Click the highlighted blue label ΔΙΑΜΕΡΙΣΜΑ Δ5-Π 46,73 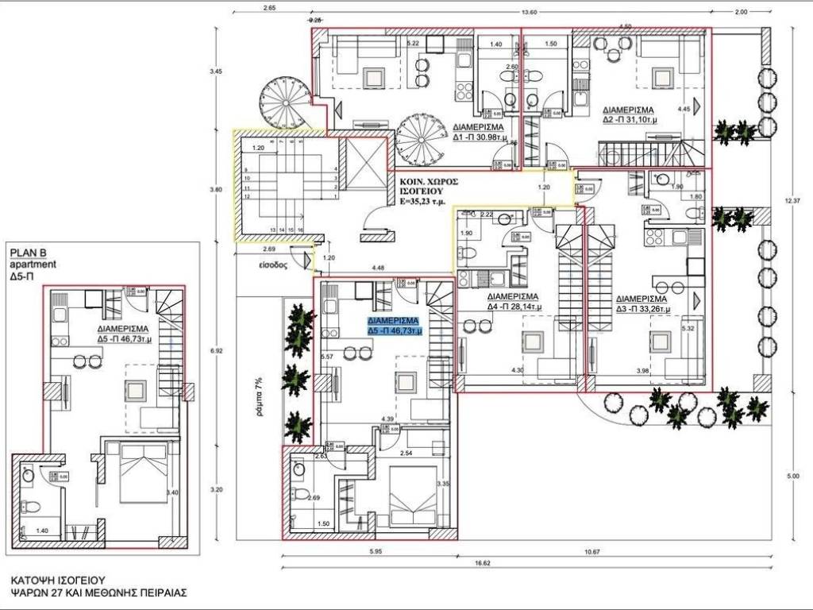pos(395,325)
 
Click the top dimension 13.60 pos(526,12)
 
